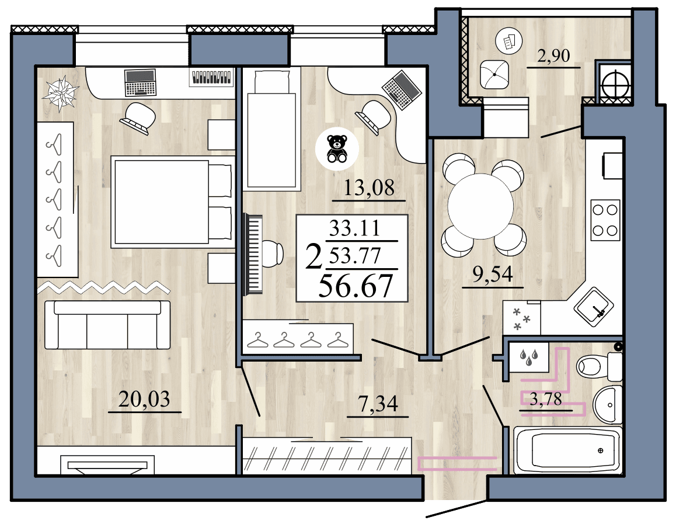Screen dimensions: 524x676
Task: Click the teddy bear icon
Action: click(x=336, y=148)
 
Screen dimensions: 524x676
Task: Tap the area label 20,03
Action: click(x=144, y=400)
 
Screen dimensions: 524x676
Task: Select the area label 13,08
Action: click(x=369, y=188)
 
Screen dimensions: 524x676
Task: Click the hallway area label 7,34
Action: click(x=377, y=404)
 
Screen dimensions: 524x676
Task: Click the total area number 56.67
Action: click(x=355, y=286)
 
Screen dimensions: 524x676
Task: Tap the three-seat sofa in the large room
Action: click(x=107, y=325)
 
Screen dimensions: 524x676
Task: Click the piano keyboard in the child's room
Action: click(x=255, y=252)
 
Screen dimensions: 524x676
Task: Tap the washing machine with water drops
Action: click(x=528, y=358)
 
